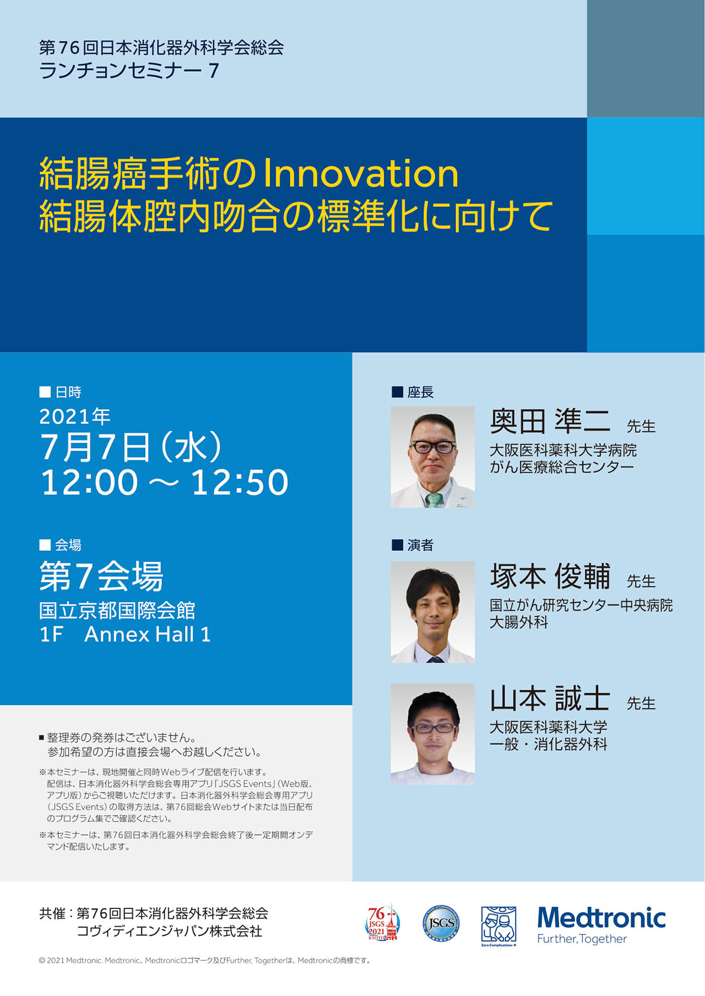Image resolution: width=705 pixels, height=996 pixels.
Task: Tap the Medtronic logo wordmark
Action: tap(601, 918)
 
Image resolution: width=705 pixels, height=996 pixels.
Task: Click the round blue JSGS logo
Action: tap(441, 923)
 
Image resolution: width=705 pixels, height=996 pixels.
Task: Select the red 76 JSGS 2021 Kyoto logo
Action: tap(382, 923)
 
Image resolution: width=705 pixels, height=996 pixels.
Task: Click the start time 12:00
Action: tap(89, 482)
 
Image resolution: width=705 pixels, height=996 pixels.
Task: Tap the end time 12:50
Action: tap(240, 482)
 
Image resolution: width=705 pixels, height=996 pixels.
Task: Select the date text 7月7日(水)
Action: tap(131, 446)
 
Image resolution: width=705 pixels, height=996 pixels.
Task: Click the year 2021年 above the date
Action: tap(75, 416)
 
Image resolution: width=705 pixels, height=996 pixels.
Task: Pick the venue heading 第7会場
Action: tap(101, 576)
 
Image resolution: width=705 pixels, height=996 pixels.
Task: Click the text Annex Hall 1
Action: tap(147, 634)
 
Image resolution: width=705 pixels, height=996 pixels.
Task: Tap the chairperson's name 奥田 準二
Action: tap(550, 421)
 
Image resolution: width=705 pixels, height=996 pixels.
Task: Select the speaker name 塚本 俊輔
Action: tap(550, 576)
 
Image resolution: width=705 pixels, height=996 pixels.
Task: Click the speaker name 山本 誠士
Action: tap(550, 698)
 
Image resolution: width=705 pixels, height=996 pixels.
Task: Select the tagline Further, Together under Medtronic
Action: tap(582, 939)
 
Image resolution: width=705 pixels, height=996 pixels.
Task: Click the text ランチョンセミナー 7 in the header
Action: tap(129, 71)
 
